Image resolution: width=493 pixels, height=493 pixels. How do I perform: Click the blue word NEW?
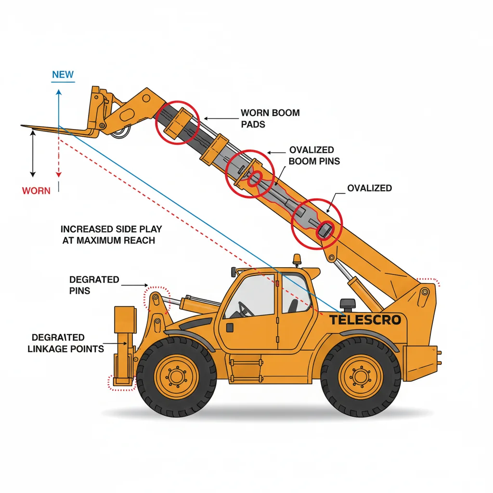click(63, 75)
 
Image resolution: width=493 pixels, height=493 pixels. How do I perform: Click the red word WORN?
click(36, 191)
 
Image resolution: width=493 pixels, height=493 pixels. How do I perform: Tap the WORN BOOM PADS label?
click(270, 118)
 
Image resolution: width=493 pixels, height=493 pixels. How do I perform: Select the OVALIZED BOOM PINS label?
click(314, 156)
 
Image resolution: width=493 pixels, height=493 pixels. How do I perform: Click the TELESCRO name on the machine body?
click(365, 320)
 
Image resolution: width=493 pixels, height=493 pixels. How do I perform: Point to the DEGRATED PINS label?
click(94, 285)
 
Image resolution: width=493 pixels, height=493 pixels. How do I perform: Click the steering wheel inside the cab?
click(245, 309)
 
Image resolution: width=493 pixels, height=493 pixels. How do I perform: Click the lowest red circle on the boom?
click(317, 223)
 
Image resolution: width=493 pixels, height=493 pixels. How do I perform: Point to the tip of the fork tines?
click(23, 127)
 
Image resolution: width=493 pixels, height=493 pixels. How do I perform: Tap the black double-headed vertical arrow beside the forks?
click(33, 154)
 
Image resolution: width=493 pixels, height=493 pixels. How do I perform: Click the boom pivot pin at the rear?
click(425, 292)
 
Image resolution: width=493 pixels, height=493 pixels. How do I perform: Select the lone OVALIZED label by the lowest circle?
click(369, 188)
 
